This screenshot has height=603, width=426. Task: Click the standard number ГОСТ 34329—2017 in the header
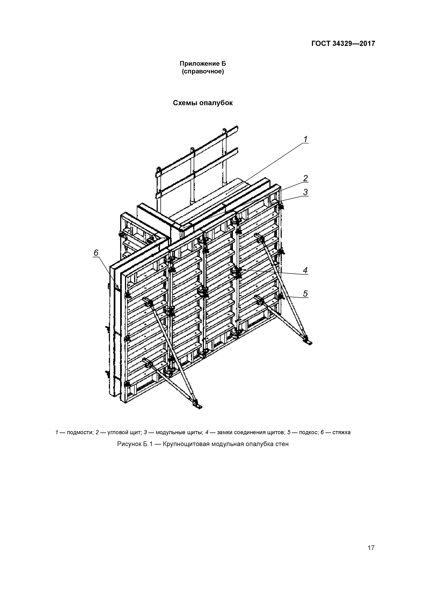pyautogui.click(x=343, y=44)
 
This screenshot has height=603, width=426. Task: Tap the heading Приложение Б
pyautogui.click(x=203, y=64)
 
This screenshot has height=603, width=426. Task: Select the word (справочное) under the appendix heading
pyautogui.click(x=203, y=72)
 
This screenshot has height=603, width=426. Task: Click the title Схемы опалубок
pyautogui.click(x=203, y=103)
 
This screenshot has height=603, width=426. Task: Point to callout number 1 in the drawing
pyautogui.click(x=306, y=139)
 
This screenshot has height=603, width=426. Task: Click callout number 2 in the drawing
pyautogui.click(x=306, y=178)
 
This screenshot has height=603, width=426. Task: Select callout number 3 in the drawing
pyautogui.click(x=306, y=192)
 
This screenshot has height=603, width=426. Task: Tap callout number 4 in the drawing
pyautogui.click(x=305, y=270)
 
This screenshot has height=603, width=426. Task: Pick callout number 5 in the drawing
pyautogui.click(x=305, y=294)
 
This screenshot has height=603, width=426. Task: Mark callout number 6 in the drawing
pyautogui.click(x=96, y=253)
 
